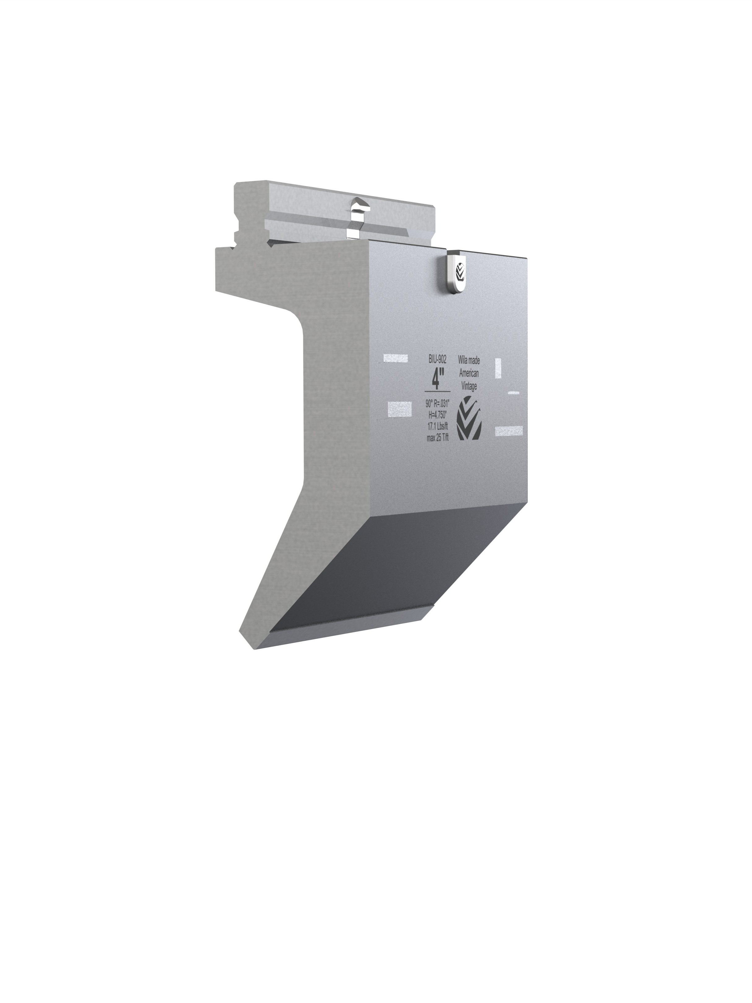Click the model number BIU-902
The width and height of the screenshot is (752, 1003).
point(437,360)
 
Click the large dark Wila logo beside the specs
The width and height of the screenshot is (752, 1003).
point(469,418)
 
